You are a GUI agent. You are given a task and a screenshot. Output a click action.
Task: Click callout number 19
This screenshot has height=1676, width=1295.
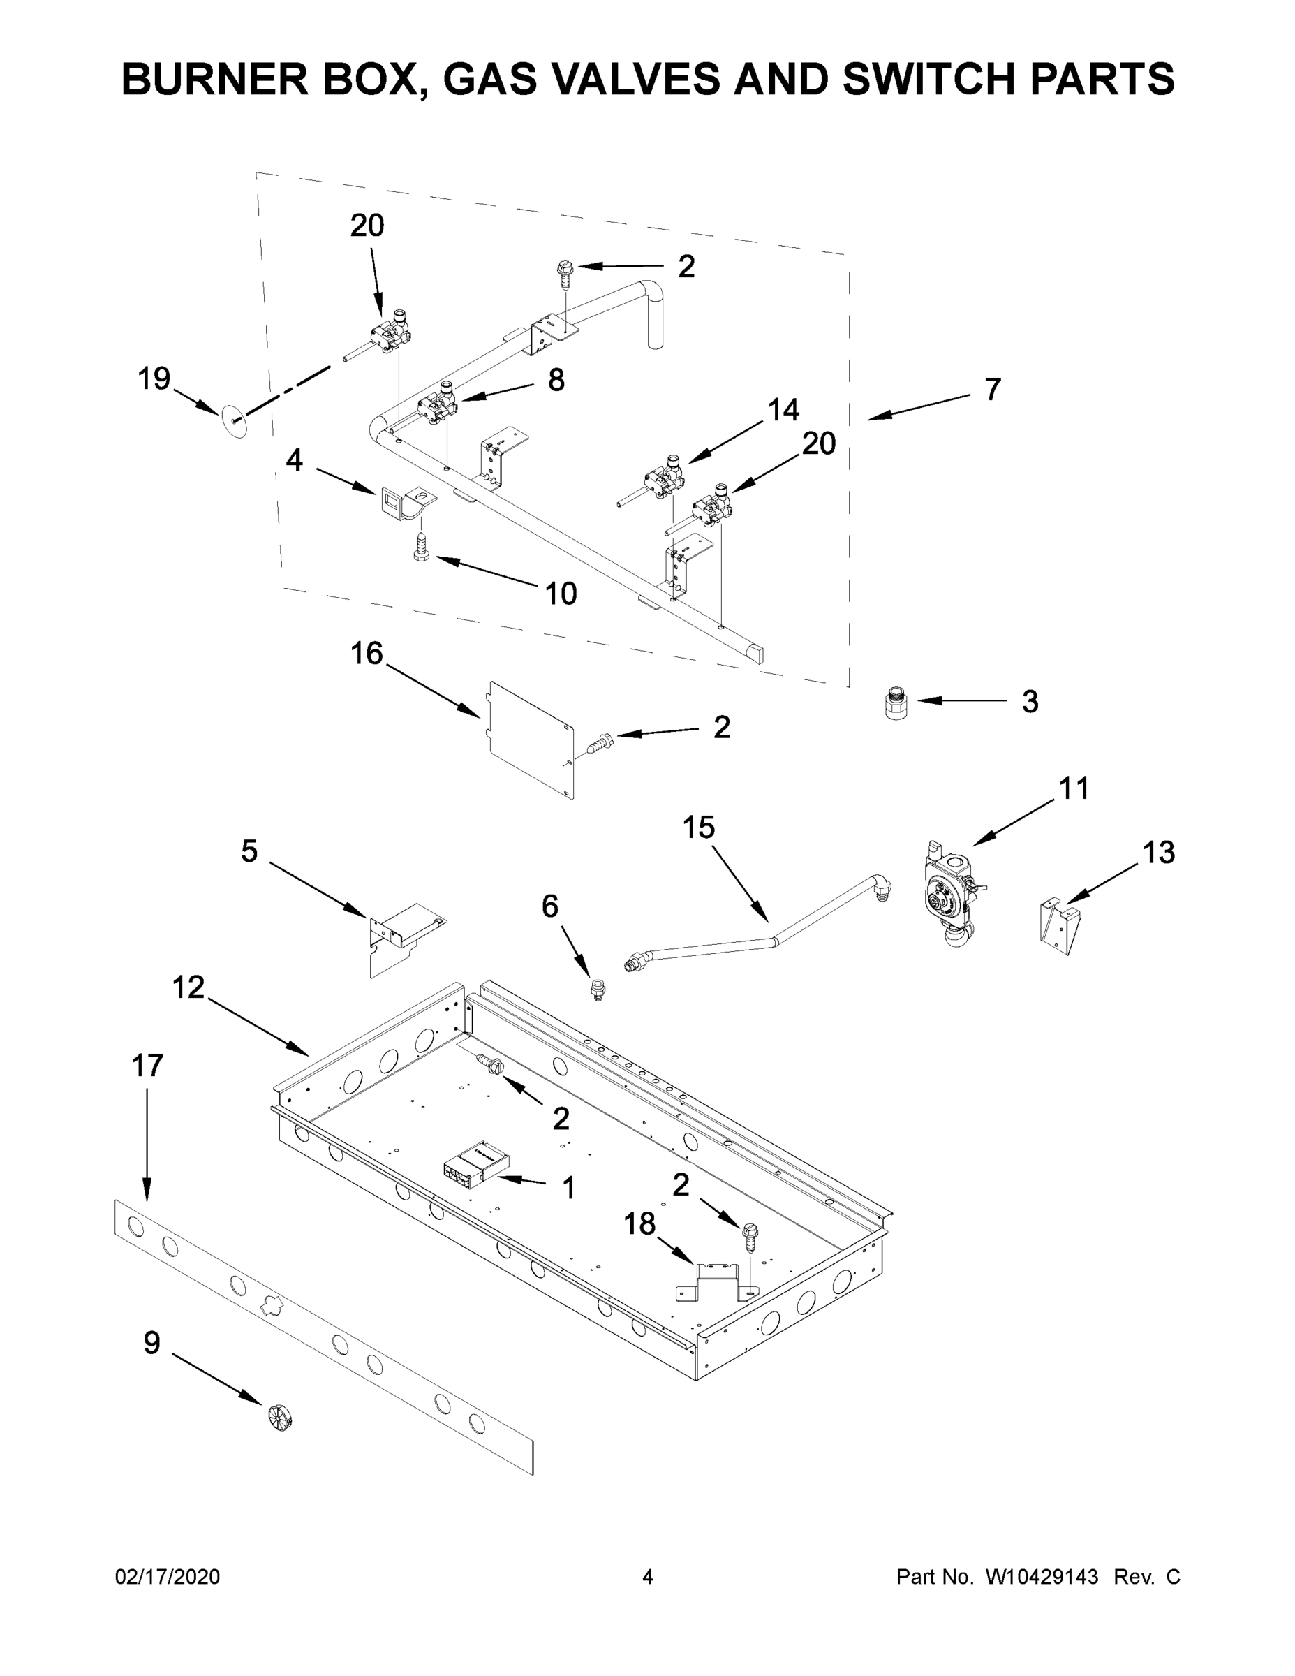click(154, 378)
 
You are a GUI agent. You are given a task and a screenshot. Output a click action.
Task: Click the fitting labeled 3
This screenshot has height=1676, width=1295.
click(894, 704)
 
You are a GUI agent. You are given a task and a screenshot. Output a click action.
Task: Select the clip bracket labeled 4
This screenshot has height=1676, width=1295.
click(404, 503)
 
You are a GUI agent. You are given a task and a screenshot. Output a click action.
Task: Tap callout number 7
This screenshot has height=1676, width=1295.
click(992, 389)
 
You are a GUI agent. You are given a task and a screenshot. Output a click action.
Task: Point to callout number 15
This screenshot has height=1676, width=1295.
click(698, 828)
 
